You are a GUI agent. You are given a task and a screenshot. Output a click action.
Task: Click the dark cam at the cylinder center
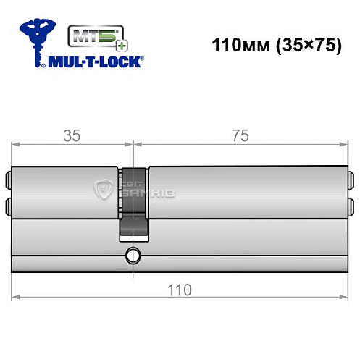133,192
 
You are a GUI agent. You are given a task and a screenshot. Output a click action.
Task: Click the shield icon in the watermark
103,191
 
